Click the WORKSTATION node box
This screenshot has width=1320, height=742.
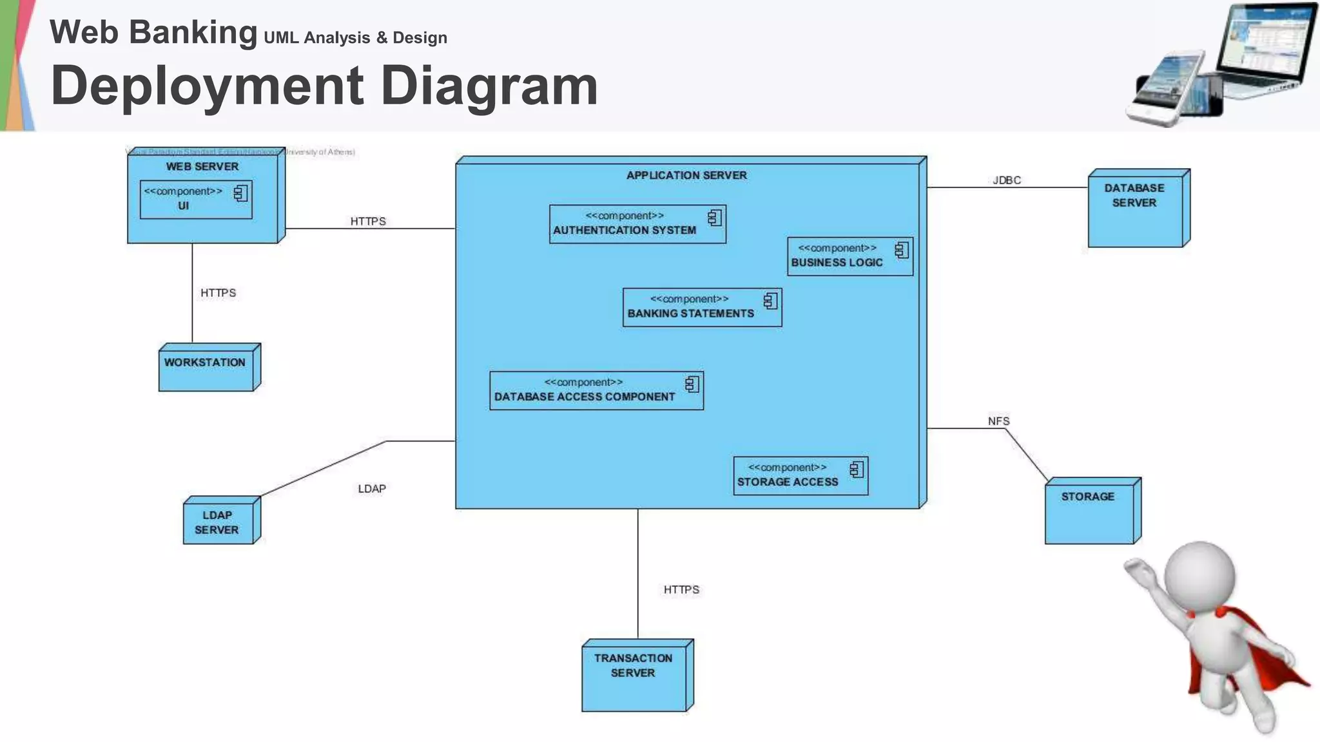(206, 369)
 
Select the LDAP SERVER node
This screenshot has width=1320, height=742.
(218, 522)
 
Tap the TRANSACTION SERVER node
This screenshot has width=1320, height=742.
(634, 676)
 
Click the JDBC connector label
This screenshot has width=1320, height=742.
(1006, 180)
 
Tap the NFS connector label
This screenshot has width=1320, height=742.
(998, 421)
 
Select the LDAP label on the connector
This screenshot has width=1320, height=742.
(372, 489)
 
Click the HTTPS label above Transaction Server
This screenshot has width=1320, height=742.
(681, 590)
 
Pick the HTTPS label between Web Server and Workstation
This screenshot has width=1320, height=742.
(218, 293)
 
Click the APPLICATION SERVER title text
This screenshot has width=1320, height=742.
(686, 175)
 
